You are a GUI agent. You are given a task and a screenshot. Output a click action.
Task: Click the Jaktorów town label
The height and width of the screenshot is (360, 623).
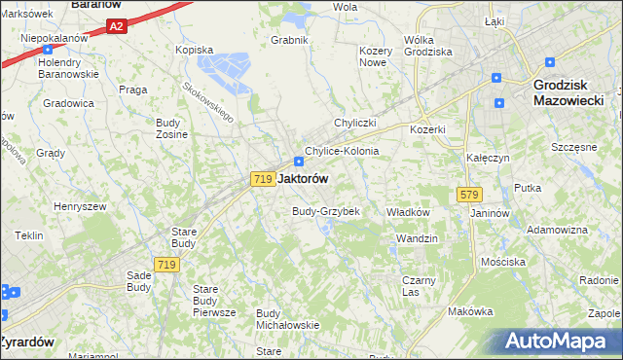pyautogui.click(x=303, y=179)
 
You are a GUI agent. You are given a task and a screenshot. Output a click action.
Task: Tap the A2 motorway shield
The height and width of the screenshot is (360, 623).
pyautogui.click(x=117, y=27)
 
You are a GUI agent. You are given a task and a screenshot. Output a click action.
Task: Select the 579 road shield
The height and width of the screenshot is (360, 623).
pyautogui.click(x=464, y=196)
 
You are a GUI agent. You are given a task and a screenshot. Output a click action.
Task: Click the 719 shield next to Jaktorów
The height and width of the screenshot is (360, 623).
pyautogui.click(x=261, y=179)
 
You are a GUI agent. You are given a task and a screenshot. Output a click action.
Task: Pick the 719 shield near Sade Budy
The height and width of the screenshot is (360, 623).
pyautogui.click(x=165, y=265)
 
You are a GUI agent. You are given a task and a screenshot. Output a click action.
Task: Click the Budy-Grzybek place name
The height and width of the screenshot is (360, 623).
pyautogui.click(x=326, y=211)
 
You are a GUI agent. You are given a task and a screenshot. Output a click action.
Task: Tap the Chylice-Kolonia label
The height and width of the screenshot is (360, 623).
pyautogui.click(x=342, y=152)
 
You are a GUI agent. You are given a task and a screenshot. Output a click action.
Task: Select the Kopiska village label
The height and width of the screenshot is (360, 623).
pyautogui.click(x=193, y=49)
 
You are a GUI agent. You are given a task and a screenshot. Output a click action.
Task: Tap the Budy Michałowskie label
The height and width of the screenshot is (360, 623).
pyautogui.click(x=287, y=319)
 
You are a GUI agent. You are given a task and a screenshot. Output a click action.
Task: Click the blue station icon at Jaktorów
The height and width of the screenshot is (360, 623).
pyautogui.click(x=299, y=162)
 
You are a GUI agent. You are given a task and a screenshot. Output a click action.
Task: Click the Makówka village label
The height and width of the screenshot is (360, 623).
pyautogui.click(x=471, y=311)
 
